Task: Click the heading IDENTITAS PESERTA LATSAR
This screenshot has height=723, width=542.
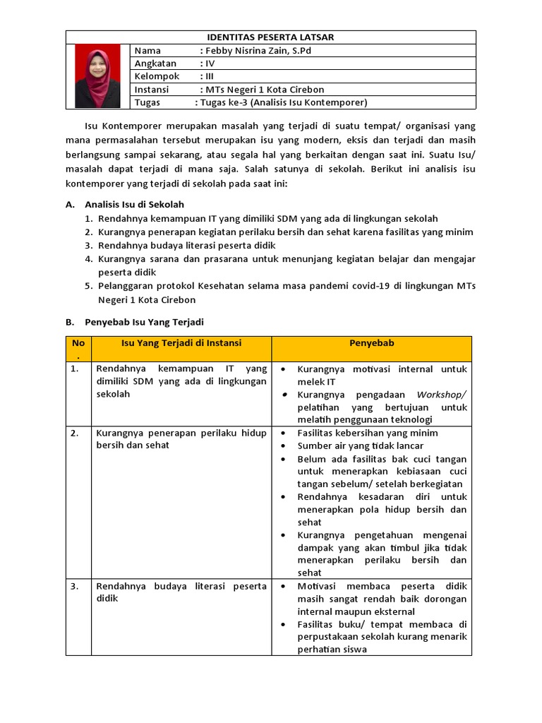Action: tap(270, 37)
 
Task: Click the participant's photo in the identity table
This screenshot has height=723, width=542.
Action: tap(99, 76)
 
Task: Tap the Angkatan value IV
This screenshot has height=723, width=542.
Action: tap(209, 64)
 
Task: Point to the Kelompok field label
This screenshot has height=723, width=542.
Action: tap(157, 76)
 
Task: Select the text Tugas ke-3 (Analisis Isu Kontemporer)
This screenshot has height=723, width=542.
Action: tap(283, 102)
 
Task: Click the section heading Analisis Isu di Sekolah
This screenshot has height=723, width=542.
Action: tap(134, 204)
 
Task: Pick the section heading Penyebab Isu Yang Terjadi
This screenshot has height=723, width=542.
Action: tap(144, 322)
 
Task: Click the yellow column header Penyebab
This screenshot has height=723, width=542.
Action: tap(371, 343)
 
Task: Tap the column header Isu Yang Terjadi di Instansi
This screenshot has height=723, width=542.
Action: tap(181, 343)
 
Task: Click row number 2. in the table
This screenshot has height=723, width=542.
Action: tap(75, 433)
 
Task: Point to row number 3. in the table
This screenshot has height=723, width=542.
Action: tap(75, 586)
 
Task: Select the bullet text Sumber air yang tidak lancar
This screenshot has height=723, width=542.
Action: tap(360, 446)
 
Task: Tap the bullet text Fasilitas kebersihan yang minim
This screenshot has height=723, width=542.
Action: tap(367, 433)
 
